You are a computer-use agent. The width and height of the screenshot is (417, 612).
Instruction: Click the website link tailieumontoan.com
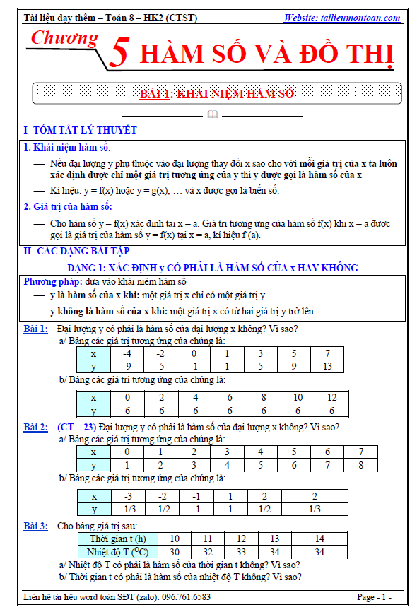tap(341, 18)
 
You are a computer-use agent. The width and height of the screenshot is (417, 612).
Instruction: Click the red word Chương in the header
tap(64, 38)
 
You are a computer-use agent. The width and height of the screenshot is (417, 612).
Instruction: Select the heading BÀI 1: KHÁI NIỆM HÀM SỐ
tap(217, 94)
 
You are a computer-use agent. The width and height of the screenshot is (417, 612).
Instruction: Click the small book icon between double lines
tap(213, 114)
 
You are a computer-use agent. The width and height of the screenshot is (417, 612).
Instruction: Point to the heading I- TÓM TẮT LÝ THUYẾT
tap(80, 130)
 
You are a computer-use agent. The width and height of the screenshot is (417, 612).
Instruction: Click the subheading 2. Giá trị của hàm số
tap(68, 206)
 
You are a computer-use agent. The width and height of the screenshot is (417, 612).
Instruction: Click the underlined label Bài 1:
tap(35, 329)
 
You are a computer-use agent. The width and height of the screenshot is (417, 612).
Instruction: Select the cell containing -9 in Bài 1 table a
tap(127, 367)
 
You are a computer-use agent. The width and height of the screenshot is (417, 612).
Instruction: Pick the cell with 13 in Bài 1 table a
tap(327, 367)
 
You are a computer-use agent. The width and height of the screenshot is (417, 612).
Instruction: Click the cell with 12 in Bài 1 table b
tap(331, 397)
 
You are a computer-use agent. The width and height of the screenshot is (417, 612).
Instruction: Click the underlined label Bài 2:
tap(35, 428)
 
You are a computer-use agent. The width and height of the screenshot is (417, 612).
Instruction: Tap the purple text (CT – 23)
tap(76, 428)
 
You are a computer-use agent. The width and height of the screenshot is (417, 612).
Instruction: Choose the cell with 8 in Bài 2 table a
tap(360, 465)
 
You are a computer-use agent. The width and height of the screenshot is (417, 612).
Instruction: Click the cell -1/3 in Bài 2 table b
tap(128, 509)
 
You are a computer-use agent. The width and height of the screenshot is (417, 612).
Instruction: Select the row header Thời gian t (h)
tap(118, 539)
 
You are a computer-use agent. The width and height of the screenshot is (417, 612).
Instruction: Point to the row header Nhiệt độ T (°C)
tap(118, 552)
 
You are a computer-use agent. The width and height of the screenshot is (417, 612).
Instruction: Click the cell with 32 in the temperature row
tap(208, 552)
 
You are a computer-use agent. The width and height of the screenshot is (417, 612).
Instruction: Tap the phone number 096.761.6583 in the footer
tap(186, 597)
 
